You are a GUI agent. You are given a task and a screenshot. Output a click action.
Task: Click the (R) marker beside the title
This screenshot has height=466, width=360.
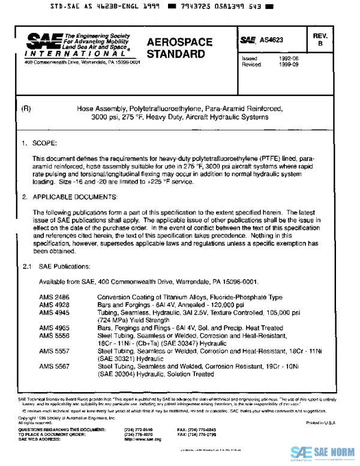[26, 109]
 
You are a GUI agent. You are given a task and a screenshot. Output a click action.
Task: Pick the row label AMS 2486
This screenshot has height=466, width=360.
[53, 297]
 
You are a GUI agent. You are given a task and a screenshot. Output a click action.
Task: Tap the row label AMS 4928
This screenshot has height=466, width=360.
[53, 304]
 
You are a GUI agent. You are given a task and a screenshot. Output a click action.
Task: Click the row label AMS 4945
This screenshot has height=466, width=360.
[53, 312]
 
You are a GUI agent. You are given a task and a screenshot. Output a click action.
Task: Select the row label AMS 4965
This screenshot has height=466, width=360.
[53, 328]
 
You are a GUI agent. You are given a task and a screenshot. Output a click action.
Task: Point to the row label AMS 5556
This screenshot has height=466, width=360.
[53, 336]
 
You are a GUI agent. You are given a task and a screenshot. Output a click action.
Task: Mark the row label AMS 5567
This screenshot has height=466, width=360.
[53, 366]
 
